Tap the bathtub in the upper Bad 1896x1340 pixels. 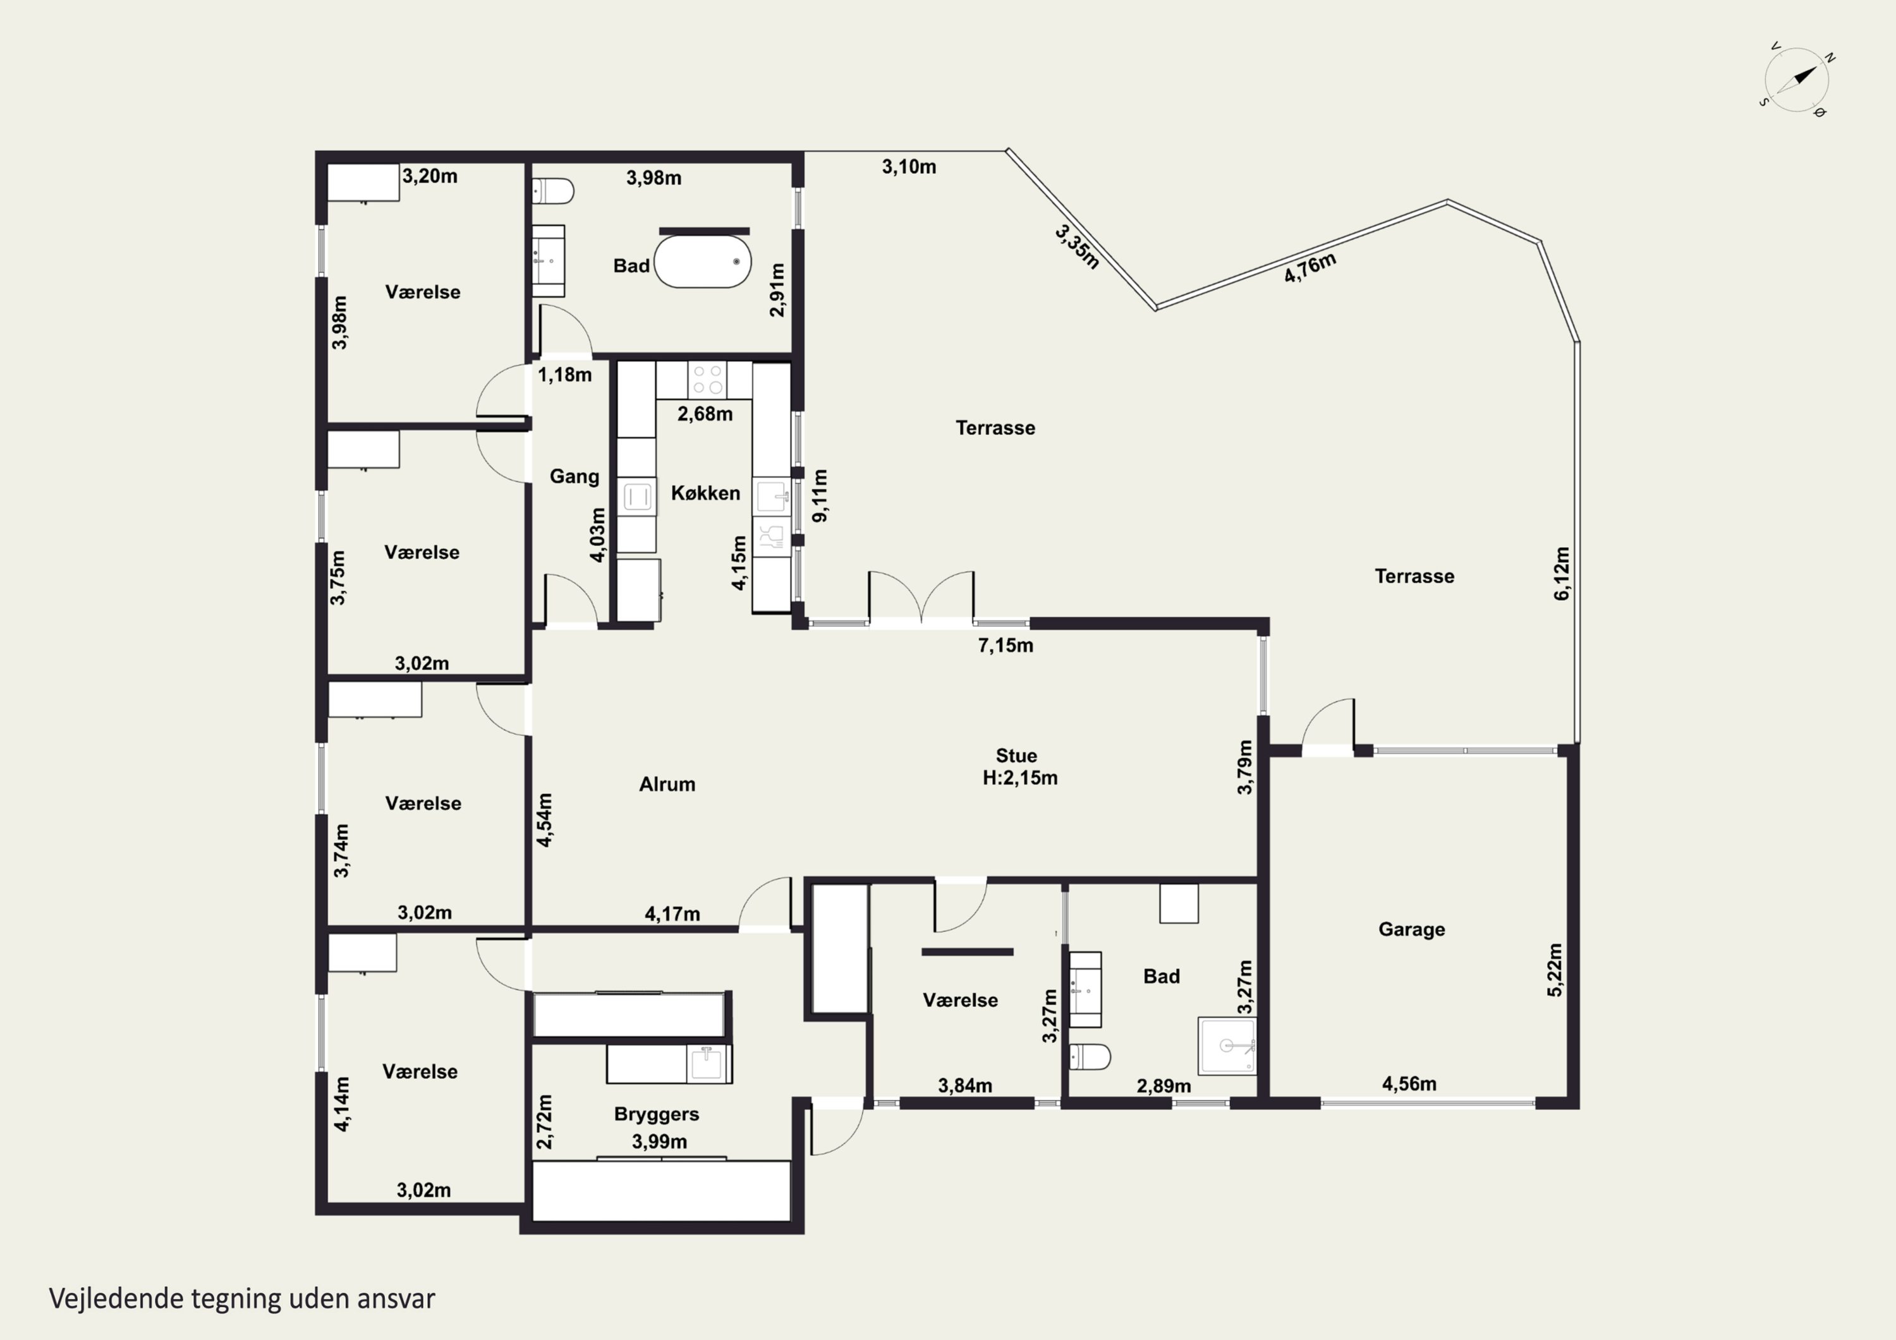click(x=703, y=262)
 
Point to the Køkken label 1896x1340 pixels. click(x=705, y=493)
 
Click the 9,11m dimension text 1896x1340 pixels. click(x=820, y=495)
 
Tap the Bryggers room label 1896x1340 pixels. click(x=657, y=1114)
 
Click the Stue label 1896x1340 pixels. click(x=1016, y=756)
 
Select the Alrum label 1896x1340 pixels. click(x=667, y=784)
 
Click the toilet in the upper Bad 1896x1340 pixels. click(x=552, y=191)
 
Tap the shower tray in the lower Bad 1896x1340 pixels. click(x=1228, y=1046)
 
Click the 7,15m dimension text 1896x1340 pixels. click(x=1006, y=646)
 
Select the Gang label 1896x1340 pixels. click(x=574, y=476)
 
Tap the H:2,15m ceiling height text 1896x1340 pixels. click(x=1020, y=778)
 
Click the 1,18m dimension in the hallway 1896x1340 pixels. click(x=565, y=375)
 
